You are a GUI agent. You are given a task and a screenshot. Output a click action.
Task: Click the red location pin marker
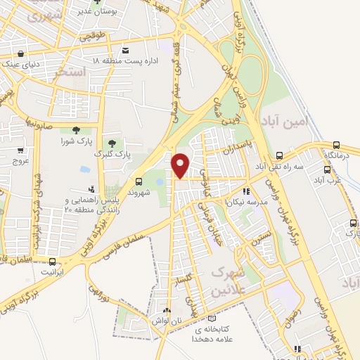pyautogui.click(x=181, y=165)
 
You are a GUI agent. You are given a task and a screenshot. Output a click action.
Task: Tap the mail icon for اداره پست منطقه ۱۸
pyautogui.click(x=126, y=51)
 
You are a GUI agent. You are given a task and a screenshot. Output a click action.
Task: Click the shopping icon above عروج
pyautogui.click(x=21, y=150)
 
